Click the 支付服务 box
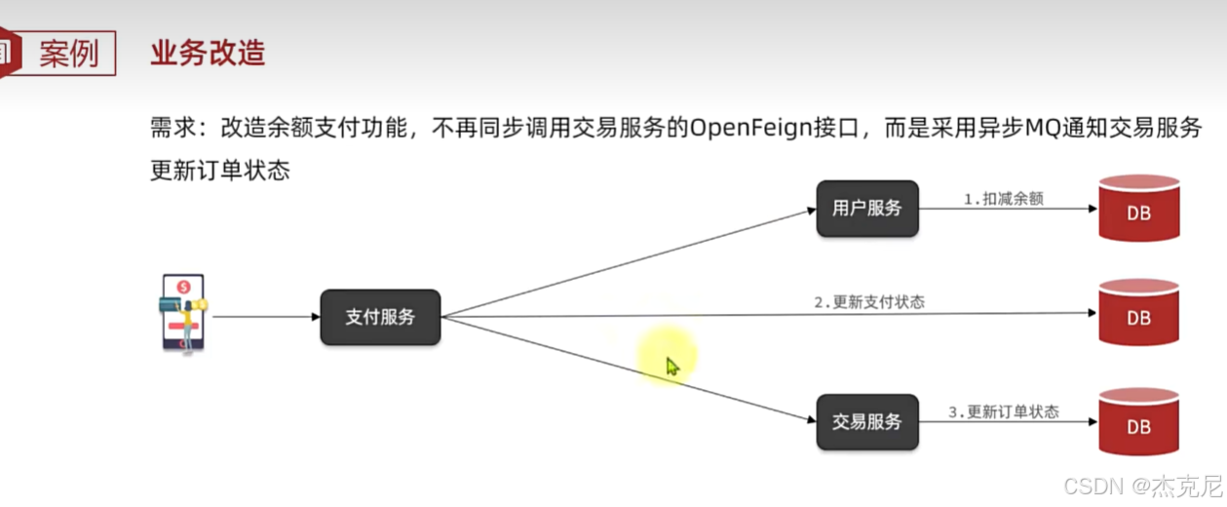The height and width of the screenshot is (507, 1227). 380,317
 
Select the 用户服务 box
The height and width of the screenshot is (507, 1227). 867,209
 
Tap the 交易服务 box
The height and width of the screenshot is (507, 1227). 867,422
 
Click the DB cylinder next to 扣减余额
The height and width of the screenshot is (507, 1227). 1138,209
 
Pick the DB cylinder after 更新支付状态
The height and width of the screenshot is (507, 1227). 1138,314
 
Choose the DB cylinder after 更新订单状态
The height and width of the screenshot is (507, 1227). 1138,422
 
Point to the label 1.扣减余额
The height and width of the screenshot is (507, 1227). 1003,198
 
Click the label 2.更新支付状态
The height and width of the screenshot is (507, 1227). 869,302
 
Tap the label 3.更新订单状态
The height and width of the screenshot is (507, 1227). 1003,412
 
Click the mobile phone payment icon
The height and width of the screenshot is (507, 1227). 182,313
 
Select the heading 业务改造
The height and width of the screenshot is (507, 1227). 208,53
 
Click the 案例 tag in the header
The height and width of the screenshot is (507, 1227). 68,53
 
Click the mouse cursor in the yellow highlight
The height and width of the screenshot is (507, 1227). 671,366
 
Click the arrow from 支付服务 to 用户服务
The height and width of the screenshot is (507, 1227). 629,262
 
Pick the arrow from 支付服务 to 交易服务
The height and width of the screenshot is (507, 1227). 629,370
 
